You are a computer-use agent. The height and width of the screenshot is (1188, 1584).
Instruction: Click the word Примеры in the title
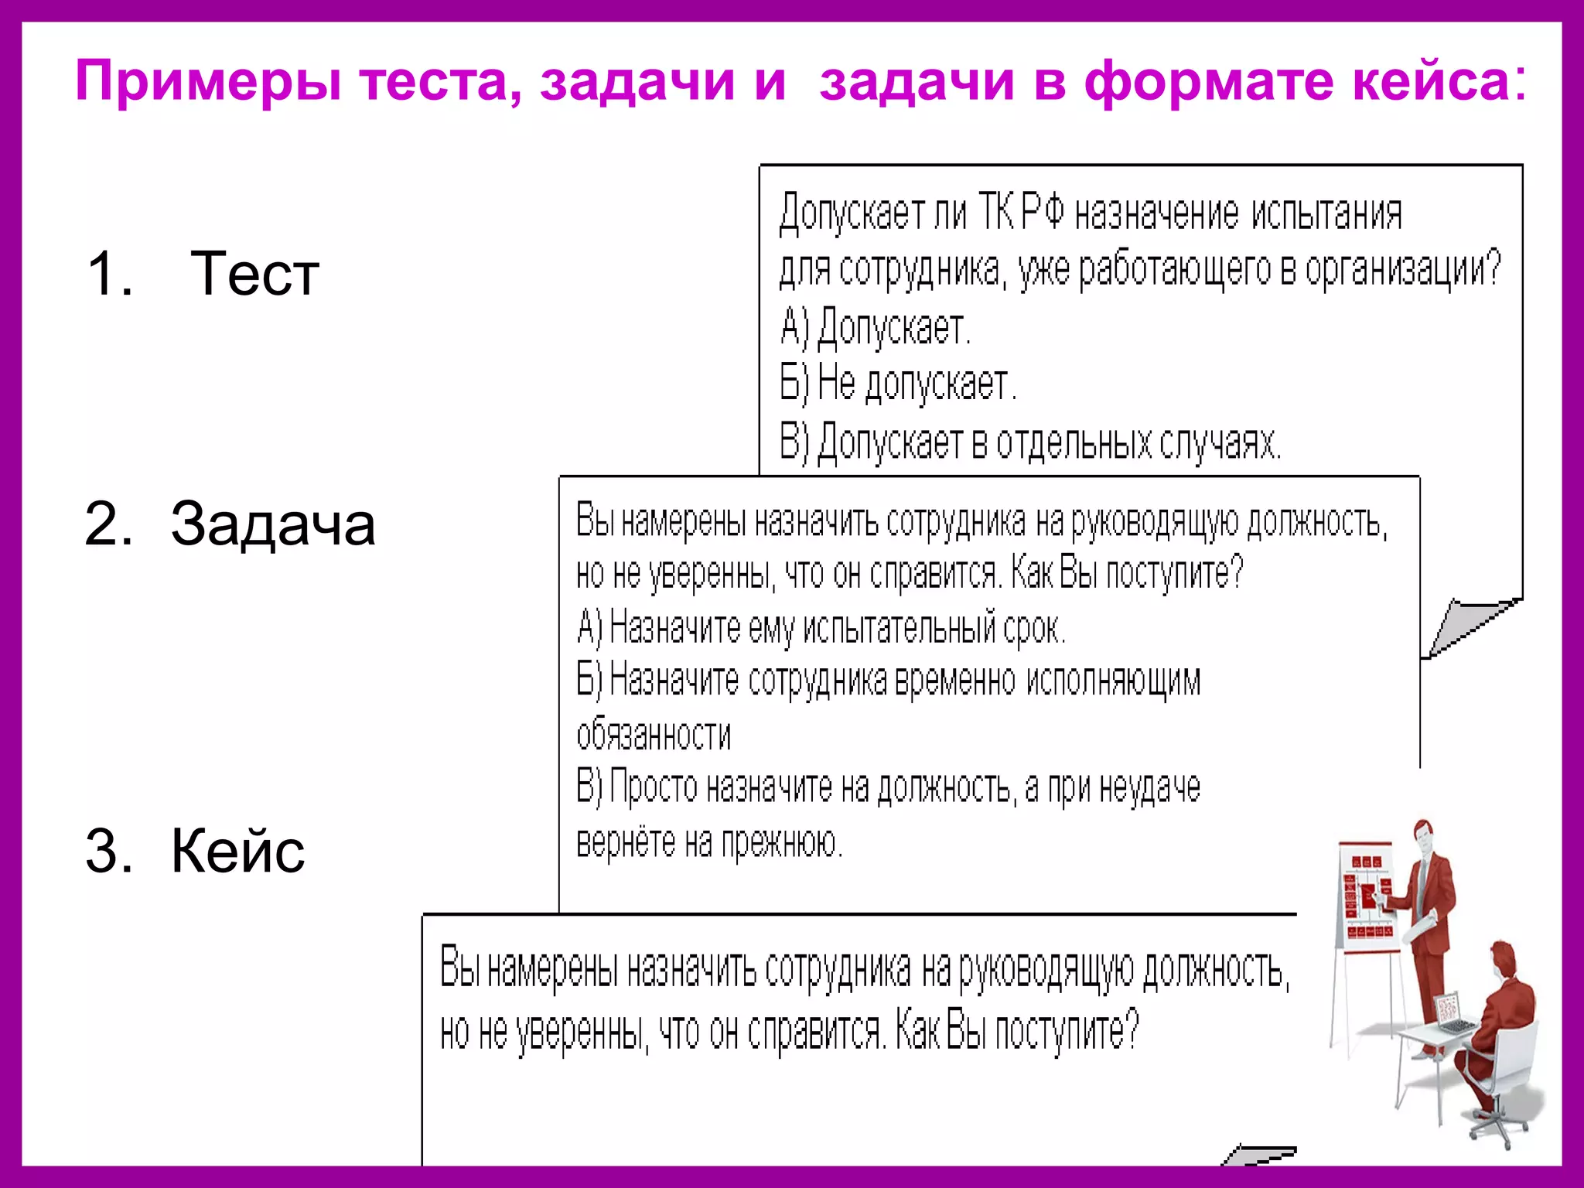pyautogui.click(x=207, y=82)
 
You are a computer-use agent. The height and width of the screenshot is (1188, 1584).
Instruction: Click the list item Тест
pyautogui.click(x=254, y=274)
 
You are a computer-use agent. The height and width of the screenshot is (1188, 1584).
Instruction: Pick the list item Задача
pyautogui.click(x=272, y=524)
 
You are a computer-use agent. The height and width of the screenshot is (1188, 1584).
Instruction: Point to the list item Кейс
pyautogui.click(x=237, y=852)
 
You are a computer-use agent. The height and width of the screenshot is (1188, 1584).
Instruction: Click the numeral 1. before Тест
pyautogui.click(x=109, y=274)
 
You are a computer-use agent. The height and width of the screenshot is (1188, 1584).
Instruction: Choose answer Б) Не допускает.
pyautogui.click(x=897, y=384)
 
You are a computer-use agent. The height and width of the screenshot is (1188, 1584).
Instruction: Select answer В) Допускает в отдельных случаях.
pyautogui.click(x=1029, y=442)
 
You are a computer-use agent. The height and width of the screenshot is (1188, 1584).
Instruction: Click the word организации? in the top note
pyautogui.click(x=1403, y=269)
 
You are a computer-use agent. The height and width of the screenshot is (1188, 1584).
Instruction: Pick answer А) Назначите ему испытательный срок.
pyautogui.click(x=821, y=627)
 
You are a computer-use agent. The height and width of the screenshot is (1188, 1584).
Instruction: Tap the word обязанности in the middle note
pyautogui.click(x=654, y=734)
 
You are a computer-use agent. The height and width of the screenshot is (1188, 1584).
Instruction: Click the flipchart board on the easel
pyautogui.click(x=1367, y=897)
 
